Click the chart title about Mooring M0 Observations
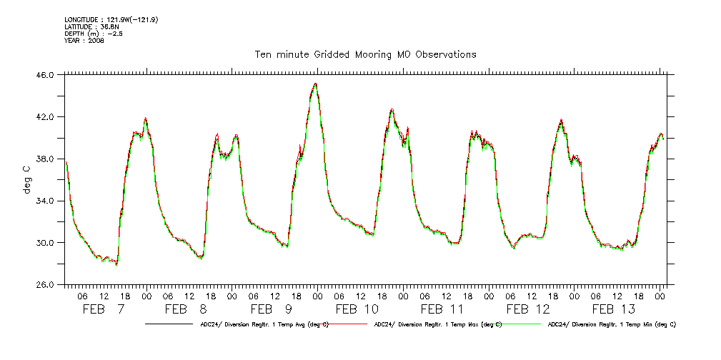click(x=365, y=54)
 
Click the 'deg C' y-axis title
click(x=26, y=179)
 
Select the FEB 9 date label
click(x=271, y=309)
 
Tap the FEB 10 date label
click(x=357, y=309)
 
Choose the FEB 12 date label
click(x=528, y=309)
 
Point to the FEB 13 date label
click(x=613, y=309)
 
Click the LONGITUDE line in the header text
click(x=111, y=19)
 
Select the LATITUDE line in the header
click(x=90, y=26)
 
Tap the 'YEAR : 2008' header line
click(x=84, y=41)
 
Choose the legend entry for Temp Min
click(x=611, y=324)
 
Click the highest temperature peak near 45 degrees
click(x=315, y=84)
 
